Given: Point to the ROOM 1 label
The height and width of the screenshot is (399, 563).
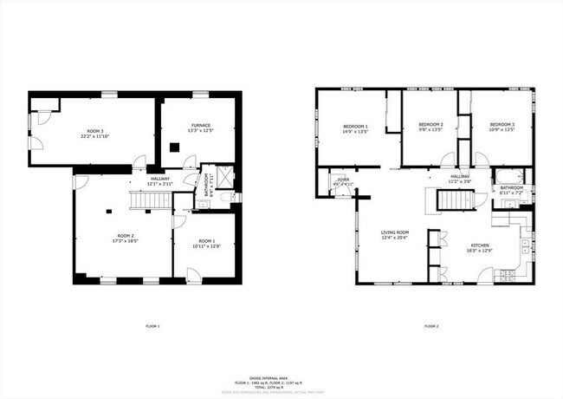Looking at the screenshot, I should tap(205, 240).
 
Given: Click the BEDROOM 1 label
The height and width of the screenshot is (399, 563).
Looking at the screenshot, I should tap(355, 127).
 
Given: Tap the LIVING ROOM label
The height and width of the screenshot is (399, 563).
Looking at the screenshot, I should tap(396, 232).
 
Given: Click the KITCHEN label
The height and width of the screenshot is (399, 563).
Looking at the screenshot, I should tap(479, 245).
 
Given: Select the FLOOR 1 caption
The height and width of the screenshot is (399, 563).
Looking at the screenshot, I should tap(152, 326).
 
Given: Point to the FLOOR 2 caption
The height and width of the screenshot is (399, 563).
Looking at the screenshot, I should tap(431, 326).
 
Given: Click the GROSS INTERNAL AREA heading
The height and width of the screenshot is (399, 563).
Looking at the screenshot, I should tap(282, 377).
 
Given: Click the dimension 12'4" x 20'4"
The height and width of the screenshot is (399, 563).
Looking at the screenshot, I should tap(396, 238).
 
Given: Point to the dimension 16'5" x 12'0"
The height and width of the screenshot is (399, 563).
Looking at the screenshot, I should tap(479, 250).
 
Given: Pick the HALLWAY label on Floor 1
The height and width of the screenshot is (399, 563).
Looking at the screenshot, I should tap(160, 179).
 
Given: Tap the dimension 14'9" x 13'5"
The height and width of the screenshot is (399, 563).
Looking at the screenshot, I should tap(355, 132).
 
